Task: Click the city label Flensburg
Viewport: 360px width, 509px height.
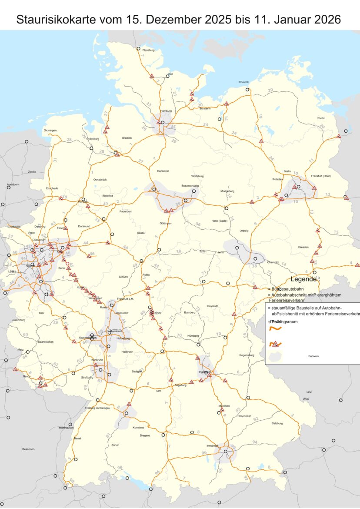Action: tap(149, 50)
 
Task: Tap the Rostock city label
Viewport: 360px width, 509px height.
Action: tap(244, 82)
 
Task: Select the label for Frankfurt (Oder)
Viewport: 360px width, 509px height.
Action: tap(321, 176)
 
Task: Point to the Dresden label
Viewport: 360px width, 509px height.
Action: tap(303, 247)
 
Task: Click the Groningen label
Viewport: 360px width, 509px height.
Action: tap(50, 131)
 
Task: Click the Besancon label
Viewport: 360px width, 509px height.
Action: tap(28, 449)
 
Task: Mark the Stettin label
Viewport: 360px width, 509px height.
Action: tap(321, 118)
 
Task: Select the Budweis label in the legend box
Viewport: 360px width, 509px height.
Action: tap(313, 356)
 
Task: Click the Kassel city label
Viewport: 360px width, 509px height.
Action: tap(141, 233)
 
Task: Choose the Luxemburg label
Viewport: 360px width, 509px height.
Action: tap(19, 320)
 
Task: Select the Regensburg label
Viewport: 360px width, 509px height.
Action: tap(247, 355)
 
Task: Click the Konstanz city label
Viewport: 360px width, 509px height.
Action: tap(138, 428)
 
